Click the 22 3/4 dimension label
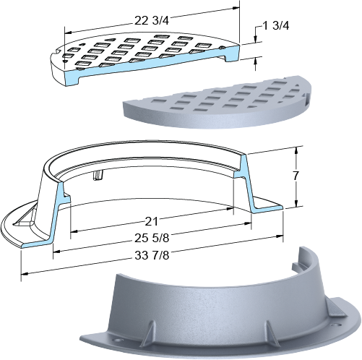click(x=152, y=21)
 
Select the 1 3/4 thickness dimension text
click(x=276, y=26)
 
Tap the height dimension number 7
click(x=296, y=176)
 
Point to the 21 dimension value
click(x=151, y=221)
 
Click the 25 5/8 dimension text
click(x=152, y=239)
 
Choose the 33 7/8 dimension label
click(x=152, y=255)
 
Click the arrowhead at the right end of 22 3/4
click(x=236, y=8)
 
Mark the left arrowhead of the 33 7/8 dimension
click(x=25, y=274)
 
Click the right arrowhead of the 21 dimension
click(x=230, y=208)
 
